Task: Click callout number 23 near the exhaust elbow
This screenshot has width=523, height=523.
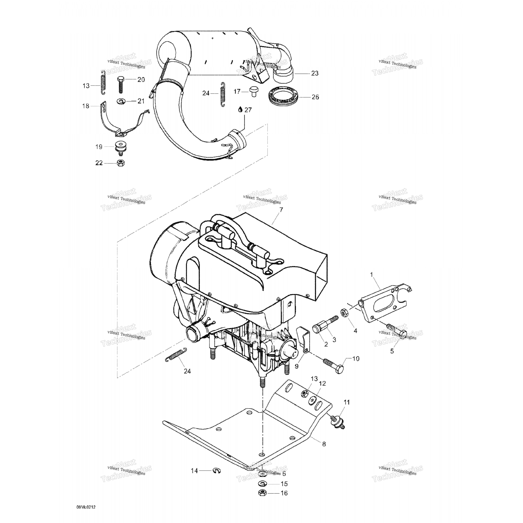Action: [x=314, y=73]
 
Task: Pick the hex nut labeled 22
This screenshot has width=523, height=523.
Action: [x=120, y=162]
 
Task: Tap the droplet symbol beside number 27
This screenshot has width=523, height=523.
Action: [x=240, y=109]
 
